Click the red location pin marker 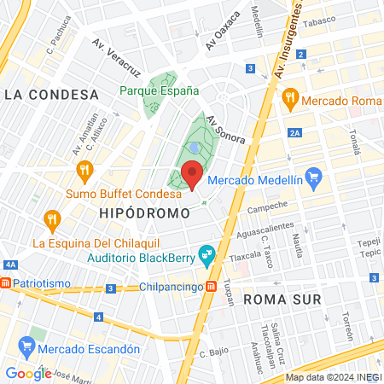tap(193, 174)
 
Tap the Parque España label tap(160, 90)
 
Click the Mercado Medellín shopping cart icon tap(313, 178)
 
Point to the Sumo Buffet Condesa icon tap(84, 172)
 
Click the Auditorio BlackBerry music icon tap(206, 254)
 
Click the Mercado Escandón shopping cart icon tap(26, 347)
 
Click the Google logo tap(28, 373)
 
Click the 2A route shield tap(295, 132)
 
